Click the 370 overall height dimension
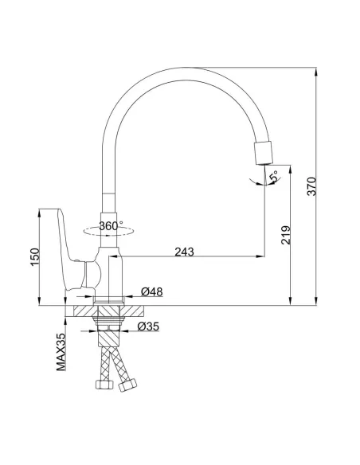[x=313, y=185]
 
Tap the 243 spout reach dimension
[x=184, y=251]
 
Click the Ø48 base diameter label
[x=152, y=292]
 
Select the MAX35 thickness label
[x=61, y=353]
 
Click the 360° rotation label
[x=112, y=226]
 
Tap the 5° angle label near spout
[x=273, y=174]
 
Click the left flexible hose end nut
[x=101, y=386]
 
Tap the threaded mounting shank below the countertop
[x=110, y=325]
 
